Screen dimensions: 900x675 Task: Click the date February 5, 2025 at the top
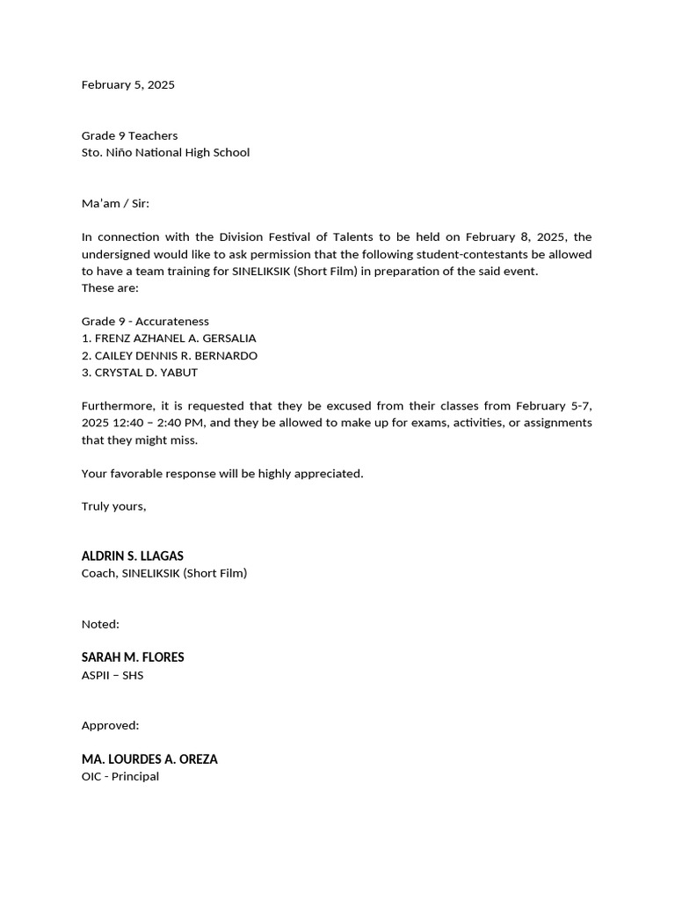tap(127, 85)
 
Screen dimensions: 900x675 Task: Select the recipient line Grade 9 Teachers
tap(129, 135)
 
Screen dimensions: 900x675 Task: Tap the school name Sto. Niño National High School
tap(165, 152)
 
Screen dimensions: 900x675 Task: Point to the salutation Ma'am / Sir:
tap(115, 203)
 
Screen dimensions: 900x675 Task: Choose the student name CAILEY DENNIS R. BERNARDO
tap(176, 356)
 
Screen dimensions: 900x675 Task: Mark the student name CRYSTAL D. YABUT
tap(146, 373)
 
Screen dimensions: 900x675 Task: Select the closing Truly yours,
tap(113, 507)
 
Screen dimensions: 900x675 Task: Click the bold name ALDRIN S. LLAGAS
tap(132, 556)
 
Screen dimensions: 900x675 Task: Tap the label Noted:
tap(100, 624)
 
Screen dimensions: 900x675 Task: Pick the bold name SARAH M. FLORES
tap(133, 657)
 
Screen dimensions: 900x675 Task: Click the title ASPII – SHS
tap(112, 675)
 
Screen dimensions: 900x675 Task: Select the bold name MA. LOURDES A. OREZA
tap(149, 759)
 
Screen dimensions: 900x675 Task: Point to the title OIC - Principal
tap(120, 777)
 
